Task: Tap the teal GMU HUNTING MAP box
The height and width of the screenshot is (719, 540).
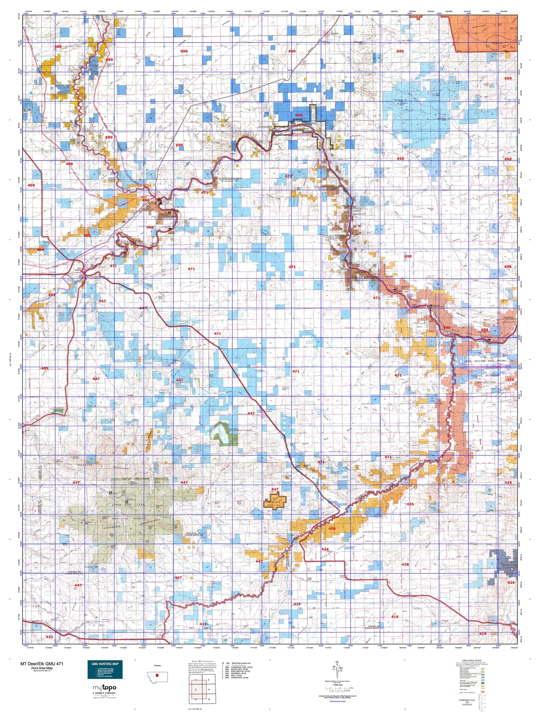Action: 105,670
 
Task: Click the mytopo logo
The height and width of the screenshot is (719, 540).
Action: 105,688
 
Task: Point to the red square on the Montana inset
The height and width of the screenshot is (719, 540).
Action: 157,675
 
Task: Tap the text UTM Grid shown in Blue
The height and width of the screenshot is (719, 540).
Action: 337,701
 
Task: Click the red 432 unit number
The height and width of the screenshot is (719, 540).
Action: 49,637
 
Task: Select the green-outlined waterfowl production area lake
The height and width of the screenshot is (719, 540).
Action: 219,433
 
